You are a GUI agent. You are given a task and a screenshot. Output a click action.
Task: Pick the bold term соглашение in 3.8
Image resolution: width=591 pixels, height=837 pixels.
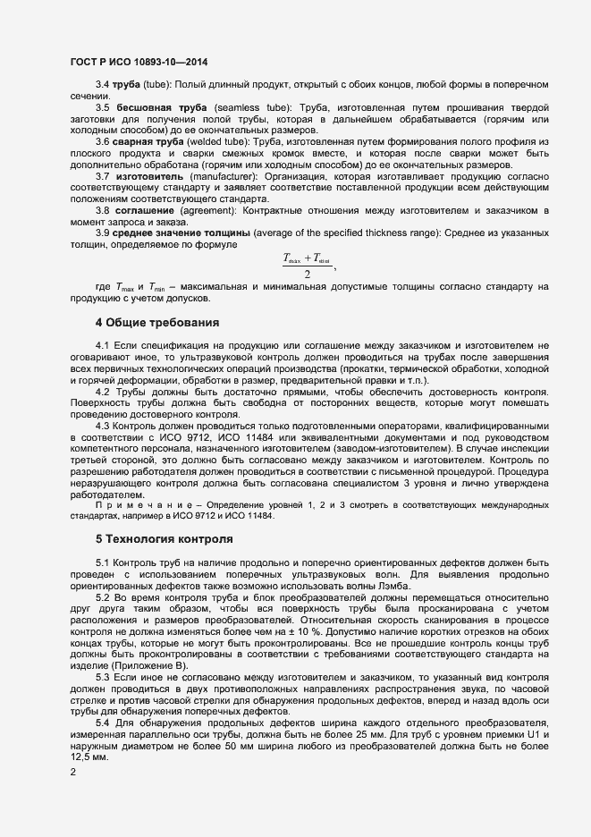click(x=141, y=211)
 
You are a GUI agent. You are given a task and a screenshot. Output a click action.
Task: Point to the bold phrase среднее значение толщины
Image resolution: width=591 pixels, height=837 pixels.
click(x=182, y=233)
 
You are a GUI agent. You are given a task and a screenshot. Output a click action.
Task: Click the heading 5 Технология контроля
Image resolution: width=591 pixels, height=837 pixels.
click(x=165, y=540)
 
